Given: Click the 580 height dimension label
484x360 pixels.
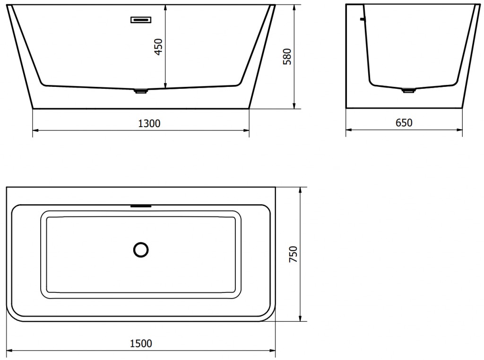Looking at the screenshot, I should pyautogui.click(x=286, y=56).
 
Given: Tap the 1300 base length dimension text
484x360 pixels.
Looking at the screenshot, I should pyautogui.click(x=149, y=124).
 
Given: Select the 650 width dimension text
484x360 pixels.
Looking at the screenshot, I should pyautogui.click(x=404, y=123).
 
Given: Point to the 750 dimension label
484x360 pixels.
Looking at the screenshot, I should pyautogui.click(x=293, y=255).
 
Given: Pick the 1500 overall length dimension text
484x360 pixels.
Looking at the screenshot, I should pyautogui.click(x=141, y=343).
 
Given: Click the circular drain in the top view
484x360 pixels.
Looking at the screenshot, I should pyautogui.click(x=141, y=249).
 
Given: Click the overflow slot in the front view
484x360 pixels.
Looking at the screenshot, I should pyautogui.click(x=140, y=19).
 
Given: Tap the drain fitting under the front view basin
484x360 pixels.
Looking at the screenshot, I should pyautogui.click(x=141, y=91).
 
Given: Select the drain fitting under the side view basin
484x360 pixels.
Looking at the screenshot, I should pyautogui.click(x=408, y=91).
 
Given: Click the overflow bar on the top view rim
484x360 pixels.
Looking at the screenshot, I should pyautogui.click(x=141, y=206).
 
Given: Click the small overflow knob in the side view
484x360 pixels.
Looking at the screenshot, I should pyautogui.click(x=363, y=19).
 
